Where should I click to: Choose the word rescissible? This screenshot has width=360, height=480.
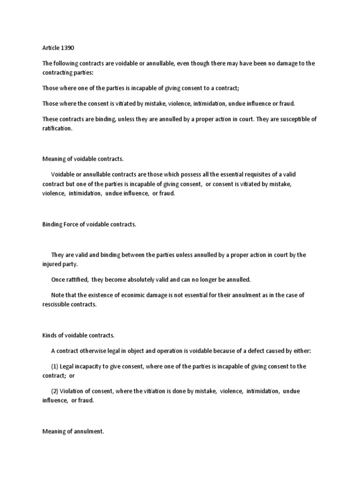tap(58, 304)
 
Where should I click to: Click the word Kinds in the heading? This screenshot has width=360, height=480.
tap(50, 335)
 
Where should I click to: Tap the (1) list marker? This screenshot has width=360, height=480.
tap(55, 367)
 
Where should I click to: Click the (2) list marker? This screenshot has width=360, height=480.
tap(55, 391)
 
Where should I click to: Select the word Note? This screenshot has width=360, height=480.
tap(58, 295)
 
